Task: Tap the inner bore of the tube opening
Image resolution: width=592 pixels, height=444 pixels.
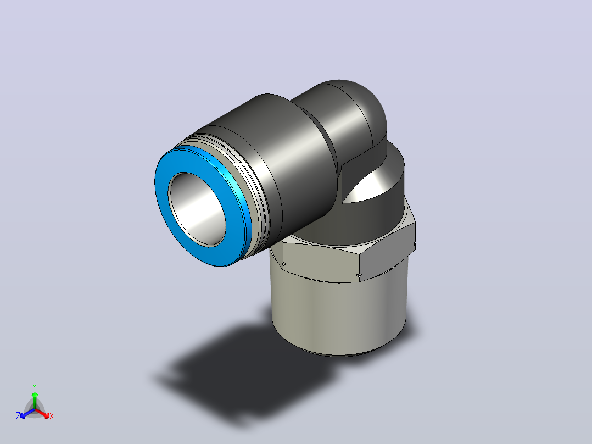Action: click(x=197, y=209)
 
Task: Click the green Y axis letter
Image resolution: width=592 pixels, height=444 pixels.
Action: click(x=35, y=386)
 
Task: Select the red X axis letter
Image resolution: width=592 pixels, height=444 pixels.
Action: click(x=52, y=416)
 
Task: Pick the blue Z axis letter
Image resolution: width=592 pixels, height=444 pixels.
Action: click(x=18, y=416)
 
